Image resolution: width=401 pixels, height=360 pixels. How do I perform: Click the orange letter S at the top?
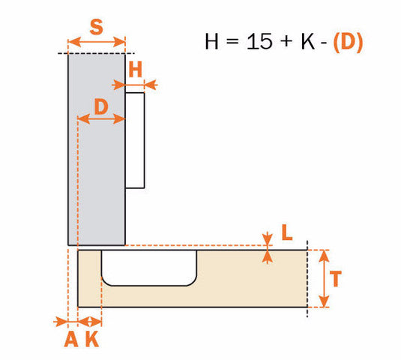[x=96, y=28]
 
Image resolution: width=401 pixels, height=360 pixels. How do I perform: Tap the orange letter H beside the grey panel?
[x=135, y=70]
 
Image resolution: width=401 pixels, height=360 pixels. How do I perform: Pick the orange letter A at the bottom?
[x=70, y=340]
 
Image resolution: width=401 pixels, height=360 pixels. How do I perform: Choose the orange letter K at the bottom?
[x=91, y=340]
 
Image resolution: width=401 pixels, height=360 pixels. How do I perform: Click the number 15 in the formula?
[x=260, y=42]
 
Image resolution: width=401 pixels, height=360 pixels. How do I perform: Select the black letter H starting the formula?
[x=213, y=42]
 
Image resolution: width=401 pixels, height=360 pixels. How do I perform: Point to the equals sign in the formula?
[x=235, y=43]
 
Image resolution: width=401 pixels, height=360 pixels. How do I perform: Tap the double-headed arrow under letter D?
[x=101, y=118]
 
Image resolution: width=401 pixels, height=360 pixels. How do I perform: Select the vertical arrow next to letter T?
[x=323, y=279]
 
